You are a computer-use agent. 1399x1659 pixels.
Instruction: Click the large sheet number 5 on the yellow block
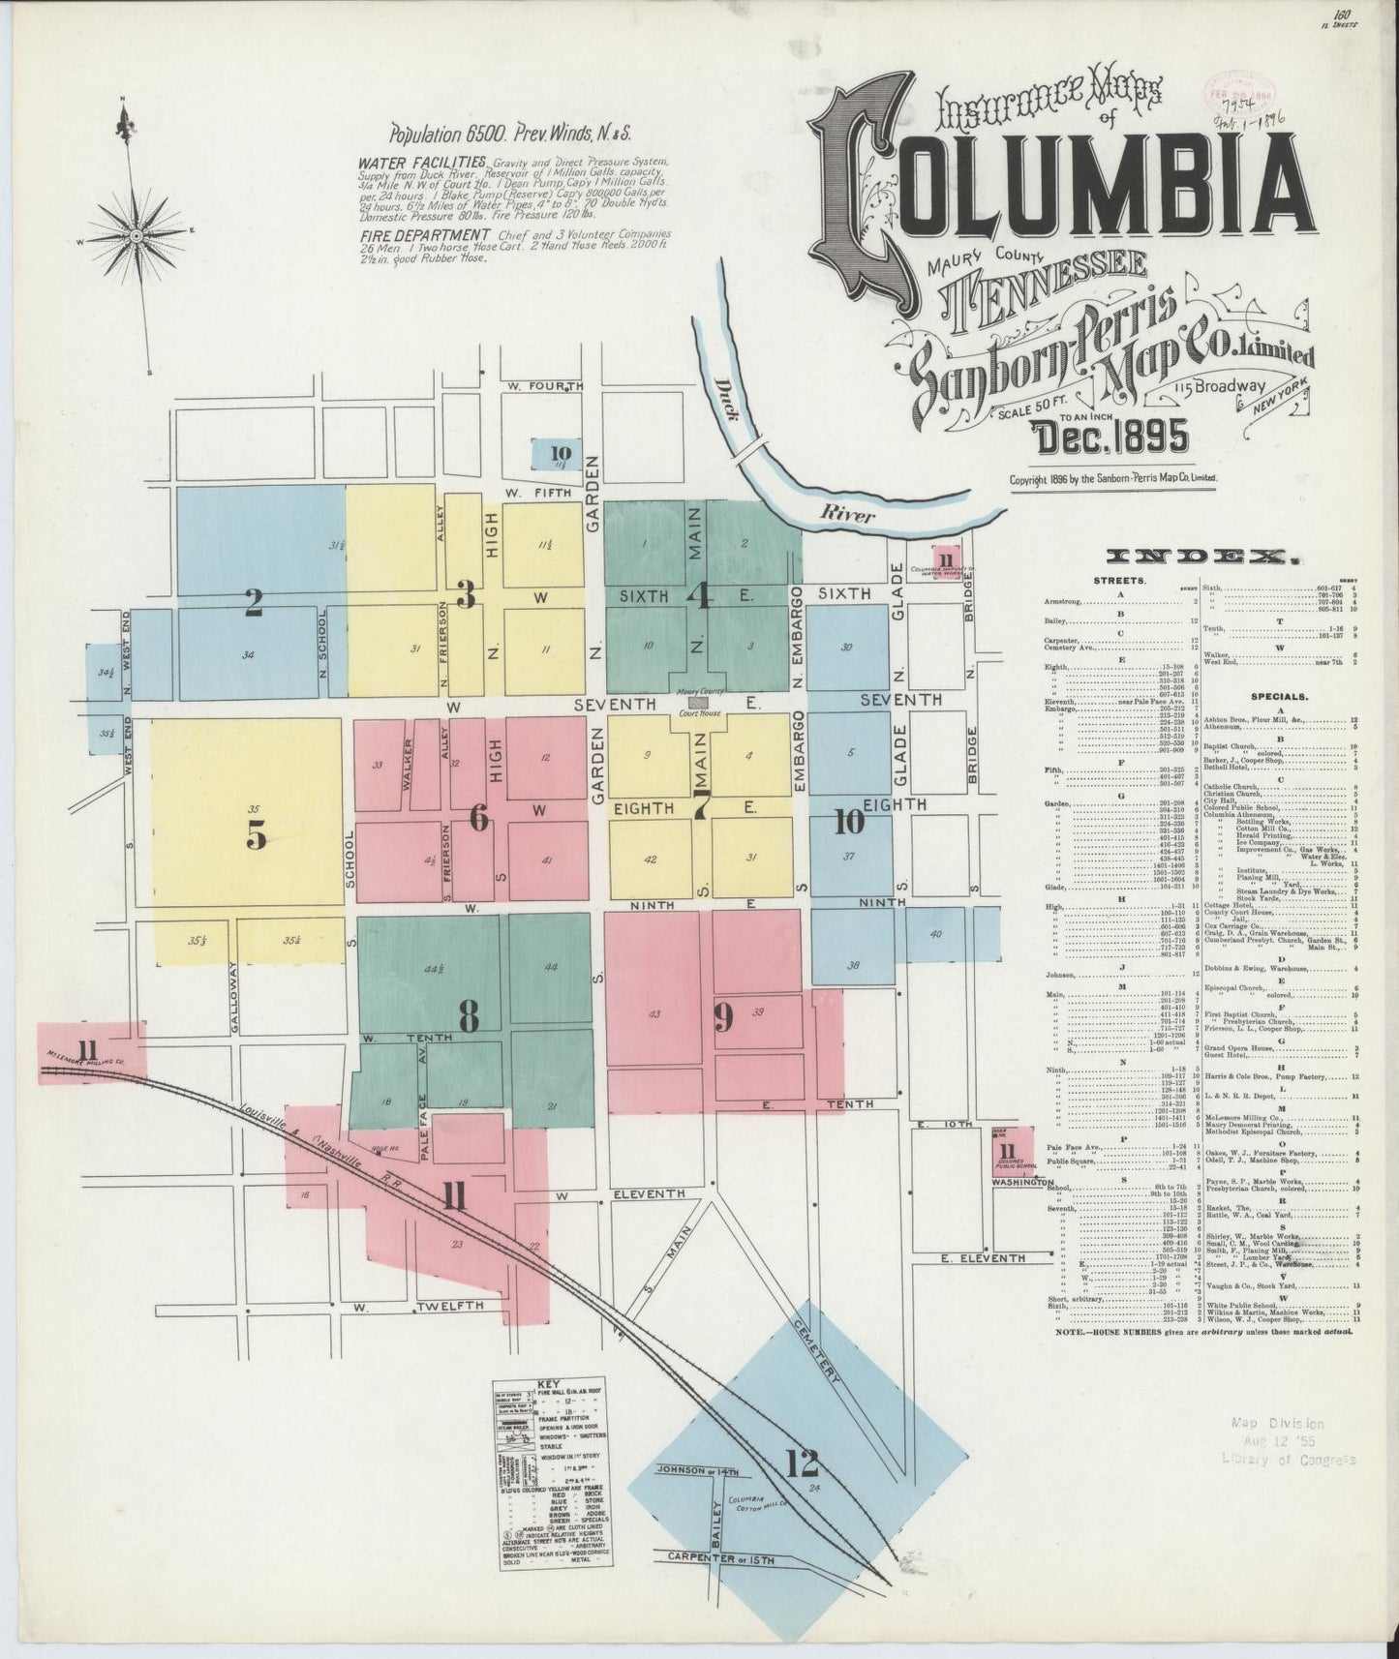click(257, 832)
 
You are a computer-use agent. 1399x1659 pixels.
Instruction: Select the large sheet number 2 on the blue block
click(254, 603)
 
